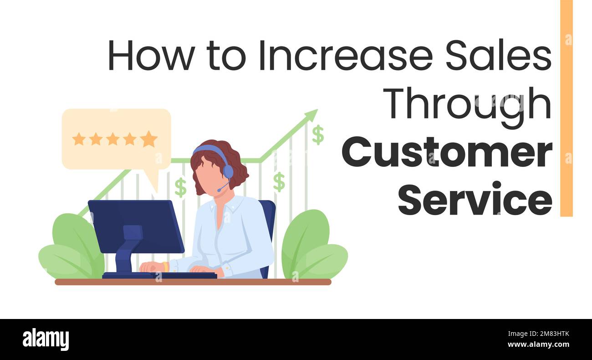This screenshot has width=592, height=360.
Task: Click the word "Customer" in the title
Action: (447, 154)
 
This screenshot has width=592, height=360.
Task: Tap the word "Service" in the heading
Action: (475, 199)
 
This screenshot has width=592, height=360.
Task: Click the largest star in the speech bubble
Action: (148, 139)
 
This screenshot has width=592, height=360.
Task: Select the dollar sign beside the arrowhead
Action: (318, 135)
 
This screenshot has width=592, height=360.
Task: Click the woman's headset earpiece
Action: (228, 171)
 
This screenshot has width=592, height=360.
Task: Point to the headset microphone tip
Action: (219, 190)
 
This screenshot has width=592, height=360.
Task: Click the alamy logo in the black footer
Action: (46, 339)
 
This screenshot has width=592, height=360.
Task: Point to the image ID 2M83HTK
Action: (550, 334)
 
